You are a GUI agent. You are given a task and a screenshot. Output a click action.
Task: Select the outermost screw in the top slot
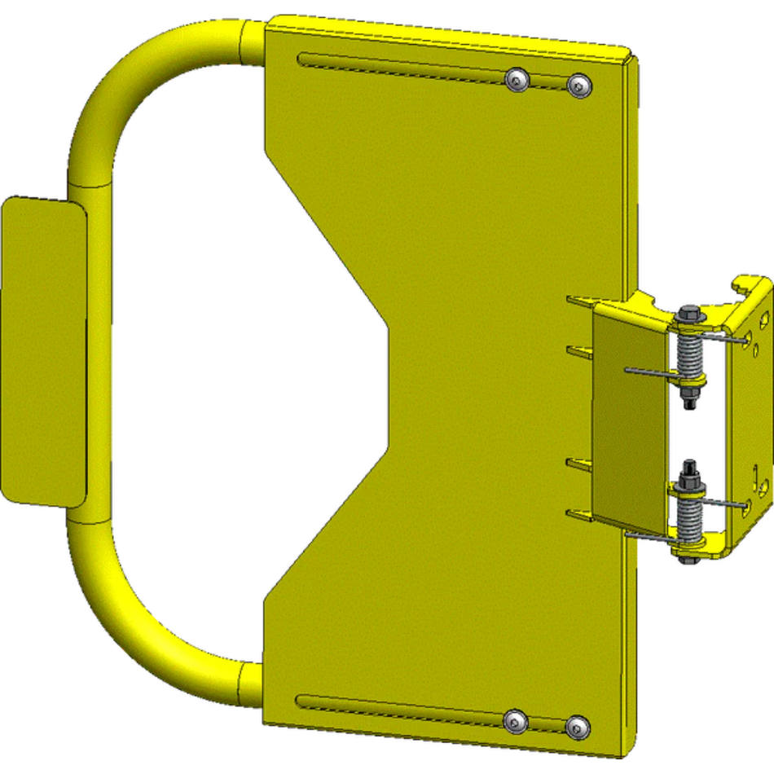579,84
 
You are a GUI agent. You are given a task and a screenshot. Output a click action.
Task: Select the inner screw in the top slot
517,79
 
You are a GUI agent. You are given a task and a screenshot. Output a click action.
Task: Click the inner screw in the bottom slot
514,720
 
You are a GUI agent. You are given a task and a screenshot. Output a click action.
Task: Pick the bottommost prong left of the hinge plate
580,514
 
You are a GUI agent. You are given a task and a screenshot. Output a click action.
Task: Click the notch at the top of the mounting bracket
743,285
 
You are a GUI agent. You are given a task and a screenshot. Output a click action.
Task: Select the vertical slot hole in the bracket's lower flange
757,473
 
